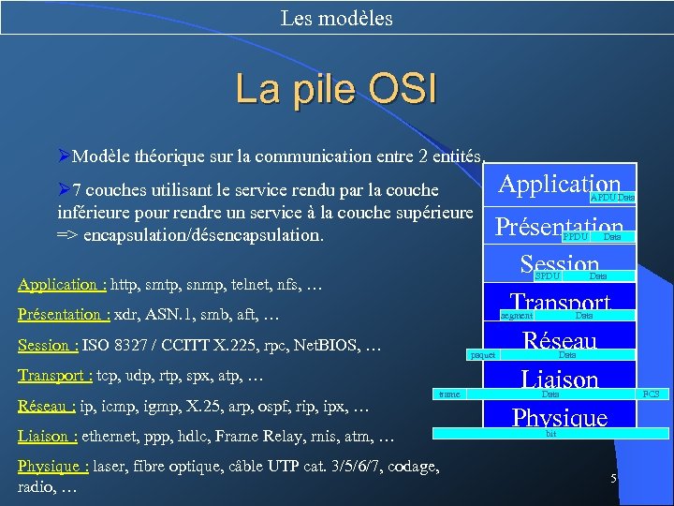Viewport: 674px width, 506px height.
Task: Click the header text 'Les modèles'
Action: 336,18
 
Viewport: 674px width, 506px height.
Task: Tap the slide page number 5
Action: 613,479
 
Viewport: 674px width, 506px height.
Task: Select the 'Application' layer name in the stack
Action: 559,184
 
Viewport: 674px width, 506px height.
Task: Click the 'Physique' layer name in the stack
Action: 560,417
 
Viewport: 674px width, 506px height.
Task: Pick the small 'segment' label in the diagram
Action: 517,317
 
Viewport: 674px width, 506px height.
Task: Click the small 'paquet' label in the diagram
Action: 483,356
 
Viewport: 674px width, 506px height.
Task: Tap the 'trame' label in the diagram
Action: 449,394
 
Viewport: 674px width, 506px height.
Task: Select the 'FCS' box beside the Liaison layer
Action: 651,394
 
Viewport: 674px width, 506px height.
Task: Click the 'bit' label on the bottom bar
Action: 550,434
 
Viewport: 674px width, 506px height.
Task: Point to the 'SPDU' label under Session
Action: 547,276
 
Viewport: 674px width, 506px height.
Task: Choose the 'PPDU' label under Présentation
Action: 575,237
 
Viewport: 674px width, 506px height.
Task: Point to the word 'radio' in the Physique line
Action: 37,487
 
